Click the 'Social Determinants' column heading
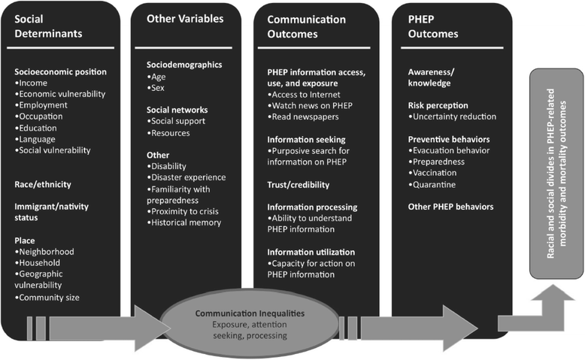click(48, 26)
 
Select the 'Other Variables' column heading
click(185, 19)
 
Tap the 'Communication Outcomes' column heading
click(306, 27)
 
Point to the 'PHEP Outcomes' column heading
click(433, 26)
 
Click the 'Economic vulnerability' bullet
click(60, 94)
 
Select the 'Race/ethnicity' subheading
click(43, 184)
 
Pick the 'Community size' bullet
click(47, 298)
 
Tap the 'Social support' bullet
click(176, 121)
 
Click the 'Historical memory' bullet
click(184, 222)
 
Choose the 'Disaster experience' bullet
click(186, 177)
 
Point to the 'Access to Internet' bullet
click(304, 95)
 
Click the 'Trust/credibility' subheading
click(298, 185)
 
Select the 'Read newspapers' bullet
click(303, 116)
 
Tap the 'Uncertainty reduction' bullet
click(452, 116)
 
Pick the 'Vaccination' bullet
click(432, 173)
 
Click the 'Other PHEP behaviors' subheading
click(450, 207)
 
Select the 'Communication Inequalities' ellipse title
click(250, 313)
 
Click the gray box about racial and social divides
click(556, 174)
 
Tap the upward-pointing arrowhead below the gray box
click(553, 292)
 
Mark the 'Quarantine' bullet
click(432, 185)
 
